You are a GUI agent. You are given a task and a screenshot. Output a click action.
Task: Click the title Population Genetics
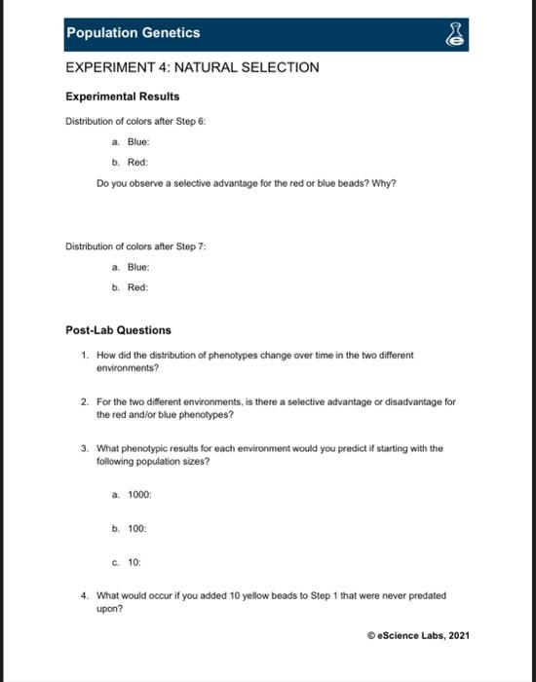coord(133,33)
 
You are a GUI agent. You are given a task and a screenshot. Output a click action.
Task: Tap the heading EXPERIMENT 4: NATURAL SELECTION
coord(192,67)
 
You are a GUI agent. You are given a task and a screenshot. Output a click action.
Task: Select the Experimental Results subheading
coord(122,96)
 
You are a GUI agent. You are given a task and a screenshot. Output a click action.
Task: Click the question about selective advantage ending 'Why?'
coord(246,183)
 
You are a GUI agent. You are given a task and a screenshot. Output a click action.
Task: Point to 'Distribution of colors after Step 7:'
coord(135,246)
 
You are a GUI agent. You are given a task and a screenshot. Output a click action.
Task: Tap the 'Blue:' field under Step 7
coord(136,267)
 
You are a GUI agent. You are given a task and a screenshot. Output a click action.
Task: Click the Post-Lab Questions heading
coord(118,330)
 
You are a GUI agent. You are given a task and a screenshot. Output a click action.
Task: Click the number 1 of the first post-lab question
coord(86,356)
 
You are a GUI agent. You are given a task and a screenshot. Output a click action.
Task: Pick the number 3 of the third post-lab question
coord(86,449)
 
